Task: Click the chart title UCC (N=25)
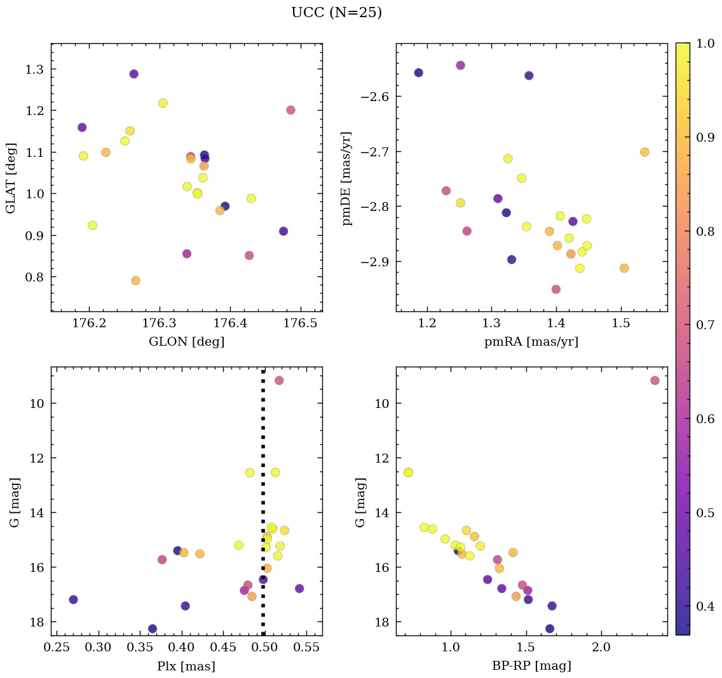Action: (x=336, y=13)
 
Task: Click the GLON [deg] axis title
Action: (x=186, y=342)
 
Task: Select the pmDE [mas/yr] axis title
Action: (x=346, y=179)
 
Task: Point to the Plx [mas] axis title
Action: (x=186, y=667)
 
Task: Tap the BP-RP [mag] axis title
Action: (x=532, y=667)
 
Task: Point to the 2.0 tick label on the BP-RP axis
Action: (x=601, y=649)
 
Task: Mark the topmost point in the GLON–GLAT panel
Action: (x=133, y=74)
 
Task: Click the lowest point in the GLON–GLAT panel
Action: (x=135, y=281)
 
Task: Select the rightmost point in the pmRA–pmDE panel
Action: (x=644, y=152)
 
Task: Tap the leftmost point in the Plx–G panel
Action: (x=73, y=600)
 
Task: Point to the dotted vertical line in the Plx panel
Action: (x=263, y=508)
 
